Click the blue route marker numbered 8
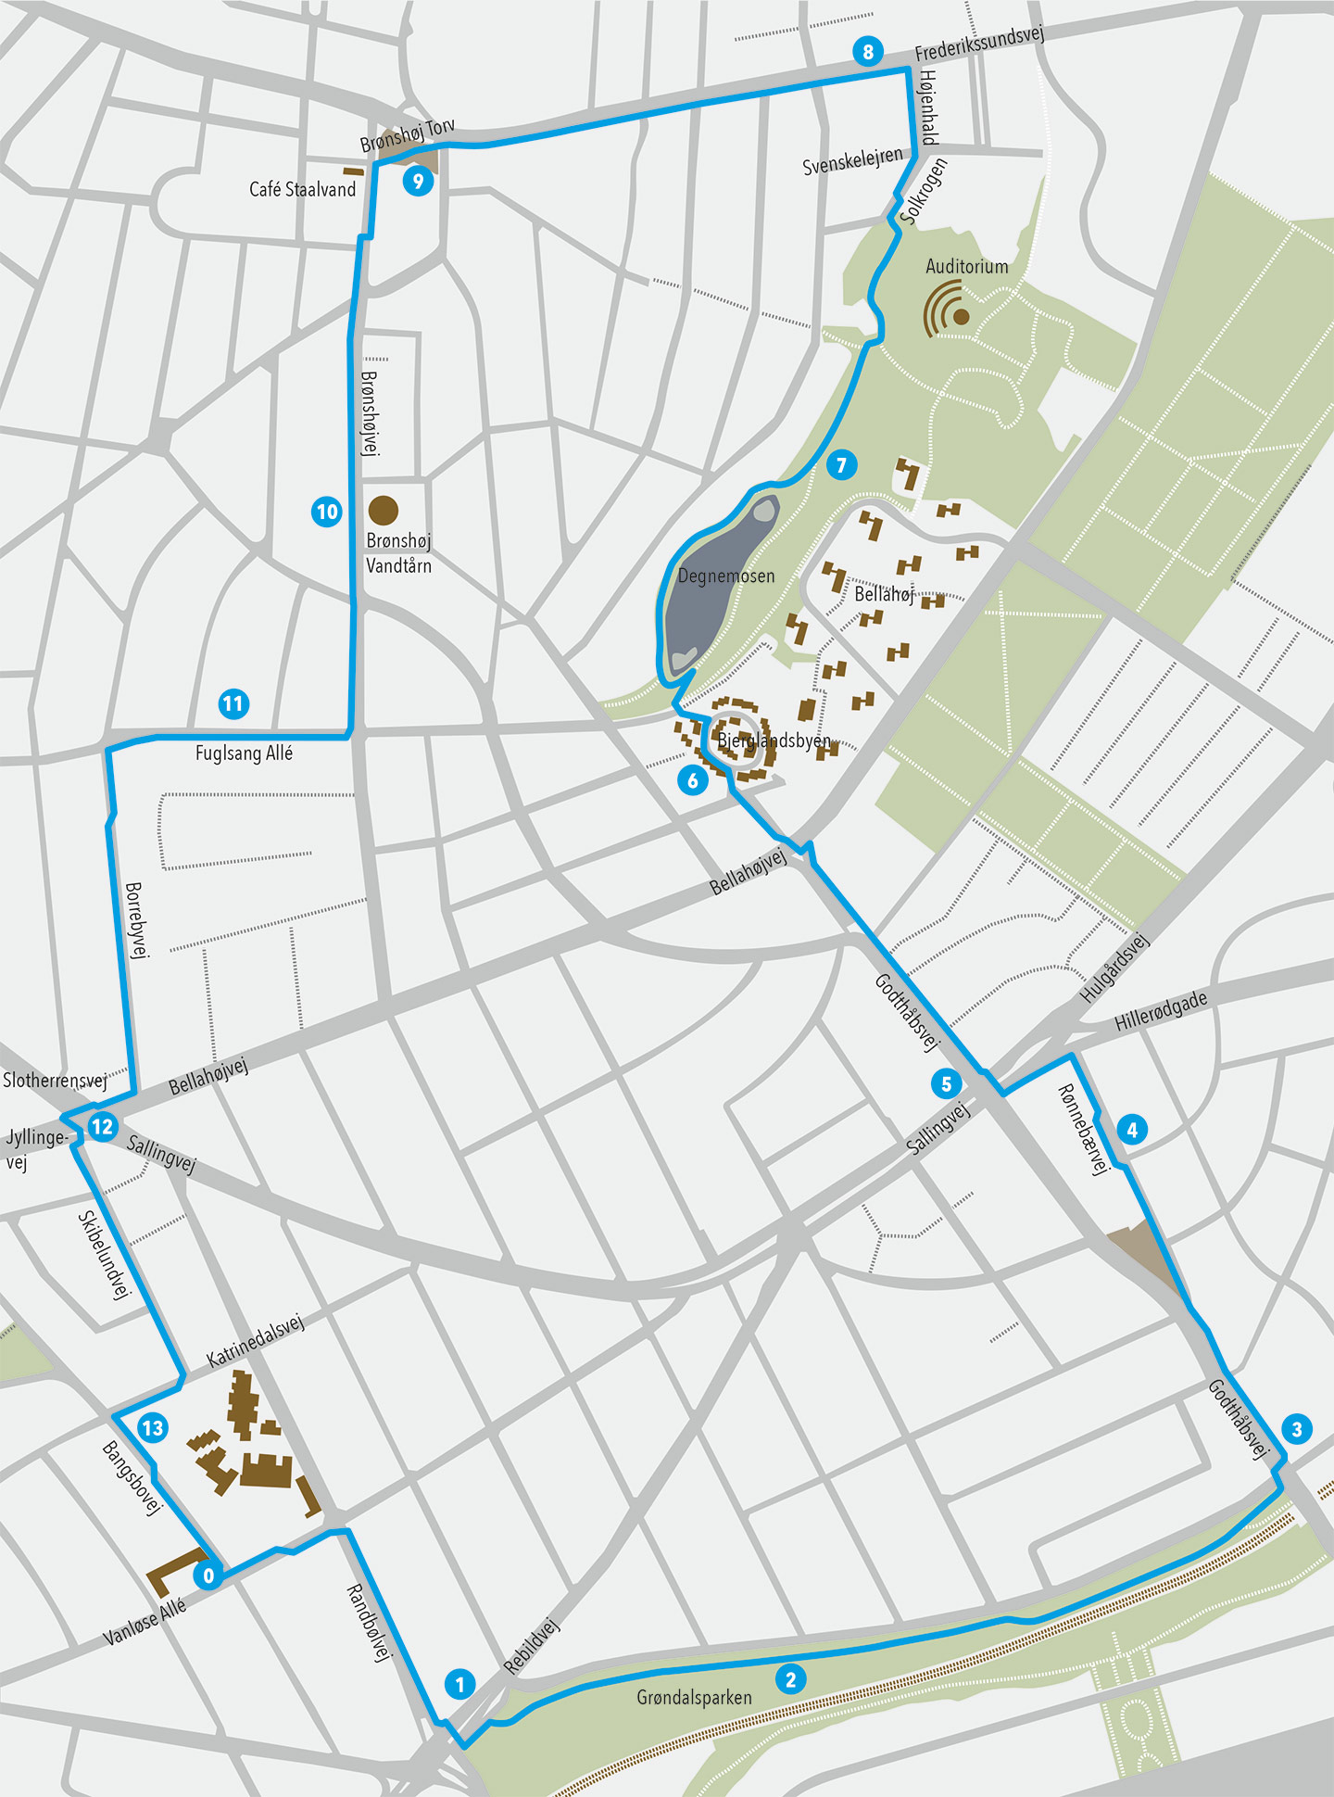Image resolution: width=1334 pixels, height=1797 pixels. [868, 52]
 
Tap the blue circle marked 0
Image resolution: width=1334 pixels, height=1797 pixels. [208, 1576]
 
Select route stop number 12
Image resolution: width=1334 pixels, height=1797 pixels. [102, 1127]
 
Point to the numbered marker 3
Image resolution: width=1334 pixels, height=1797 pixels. [1296, 1429]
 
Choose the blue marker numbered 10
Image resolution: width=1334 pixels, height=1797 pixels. [327, 512]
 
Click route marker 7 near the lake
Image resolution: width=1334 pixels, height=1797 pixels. [841, 465]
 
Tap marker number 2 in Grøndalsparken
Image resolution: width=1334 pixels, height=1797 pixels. [790, 1679]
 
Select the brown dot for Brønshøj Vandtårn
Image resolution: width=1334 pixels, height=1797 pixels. [384, 510]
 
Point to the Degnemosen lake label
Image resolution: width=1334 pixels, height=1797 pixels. [726, 576]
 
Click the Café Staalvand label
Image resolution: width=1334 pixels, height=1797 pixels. [302, 190]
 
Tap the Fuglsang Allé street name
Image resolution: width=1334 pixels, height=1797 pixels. [244, 753]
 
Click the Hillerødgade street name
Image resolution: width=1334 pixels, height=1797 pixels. [1161, 1011]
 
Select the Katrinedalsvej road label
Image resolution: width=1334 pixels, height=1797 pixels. [255, 1340]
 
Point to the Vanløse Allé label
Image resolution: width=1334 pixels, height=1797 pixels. [145, 1623]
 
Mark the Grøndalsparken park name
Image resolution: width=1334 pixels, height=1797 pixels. [694, 1698]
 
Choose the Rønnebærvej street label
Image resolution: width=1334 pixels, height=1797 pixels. [1083, 1129]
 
